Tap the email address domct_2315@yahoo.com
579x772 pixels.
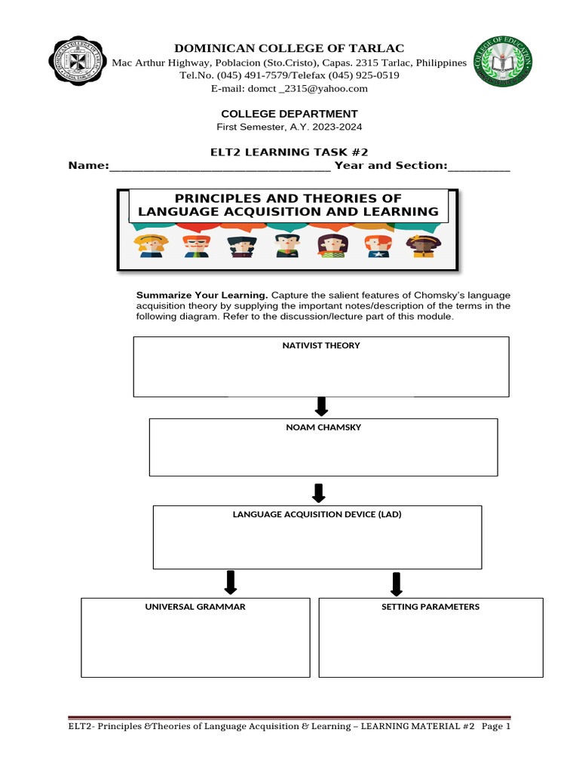click(x=289, y=89)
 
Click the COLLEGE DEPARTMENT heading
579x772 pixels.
click(x=289, y=114)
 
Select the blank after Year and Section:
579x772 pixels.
click(x=479, y=166)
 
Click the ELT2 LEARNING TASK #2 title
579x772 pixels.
click(x=289, y=152)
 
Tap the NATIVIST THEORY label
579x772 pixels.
click(x=321, y=346)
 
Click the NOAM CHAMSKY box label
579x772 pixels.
click(x=323, y=427)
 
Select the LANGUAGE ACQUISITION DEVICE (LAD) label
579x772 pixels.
click(x=317, y=515)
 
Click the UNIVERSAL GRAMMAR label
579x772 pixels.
click(x=195, y=607)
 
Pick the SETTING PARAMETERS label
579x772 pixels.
click(x=430, y=607)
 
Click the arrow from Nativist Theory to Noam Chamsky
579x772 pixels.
click(x=322, y=407)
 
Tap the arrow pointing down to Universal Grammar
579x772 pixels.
click(x=231, y=582)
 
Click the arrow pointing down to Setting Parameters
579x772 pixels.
click(x=397, y=583)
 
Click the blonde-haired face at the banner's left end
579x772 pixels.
click(x=150, y=246)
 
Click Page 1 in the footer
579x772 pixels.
click(x=496, y=728)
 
